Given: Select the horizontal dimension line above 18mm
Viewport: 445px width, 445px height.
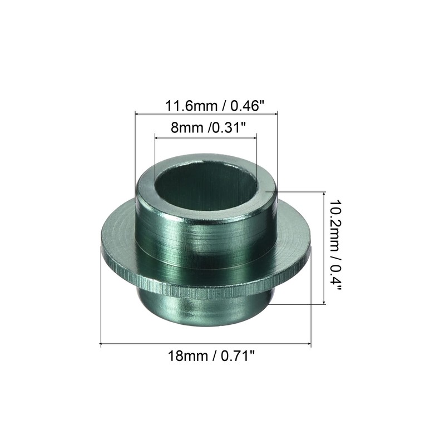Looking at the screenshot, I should coord(205,345).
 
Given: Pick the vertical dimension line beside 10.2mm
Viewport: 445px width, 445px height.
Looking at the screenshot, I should coord(324,248).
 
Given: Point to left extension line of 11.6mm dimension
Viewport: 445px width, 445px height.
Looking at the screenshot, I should coord(136,145).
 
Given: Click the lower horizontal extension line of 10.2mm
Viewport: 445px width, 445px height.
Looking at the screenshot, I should coord(298,304).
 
